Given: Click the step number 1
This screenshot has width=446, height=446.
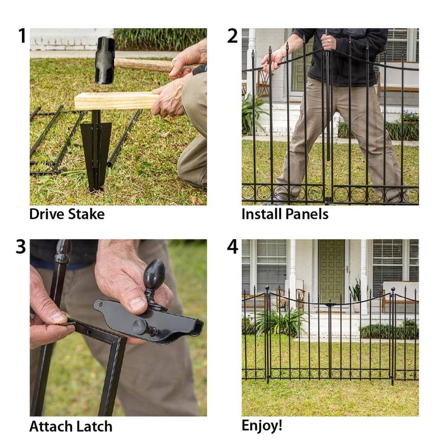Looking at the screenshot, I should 22,36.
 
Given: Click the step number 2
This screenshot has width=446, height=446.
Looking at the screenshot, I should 232,36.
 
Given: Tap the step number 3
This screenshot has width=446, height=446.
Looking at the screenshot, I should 21,247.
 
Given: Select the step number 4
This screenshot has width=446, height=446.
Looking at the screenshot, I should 232,247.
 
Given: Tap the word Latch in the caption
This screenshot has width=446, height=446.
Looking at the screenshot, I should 94,426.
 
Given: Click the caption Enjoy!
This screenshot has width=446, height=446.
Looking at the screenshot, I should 262,425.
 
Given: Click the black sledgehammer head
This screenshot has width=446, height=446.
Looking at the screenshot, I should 105,60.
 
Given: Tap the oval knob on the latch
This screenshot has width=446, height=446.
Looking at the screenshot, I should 154,275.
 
